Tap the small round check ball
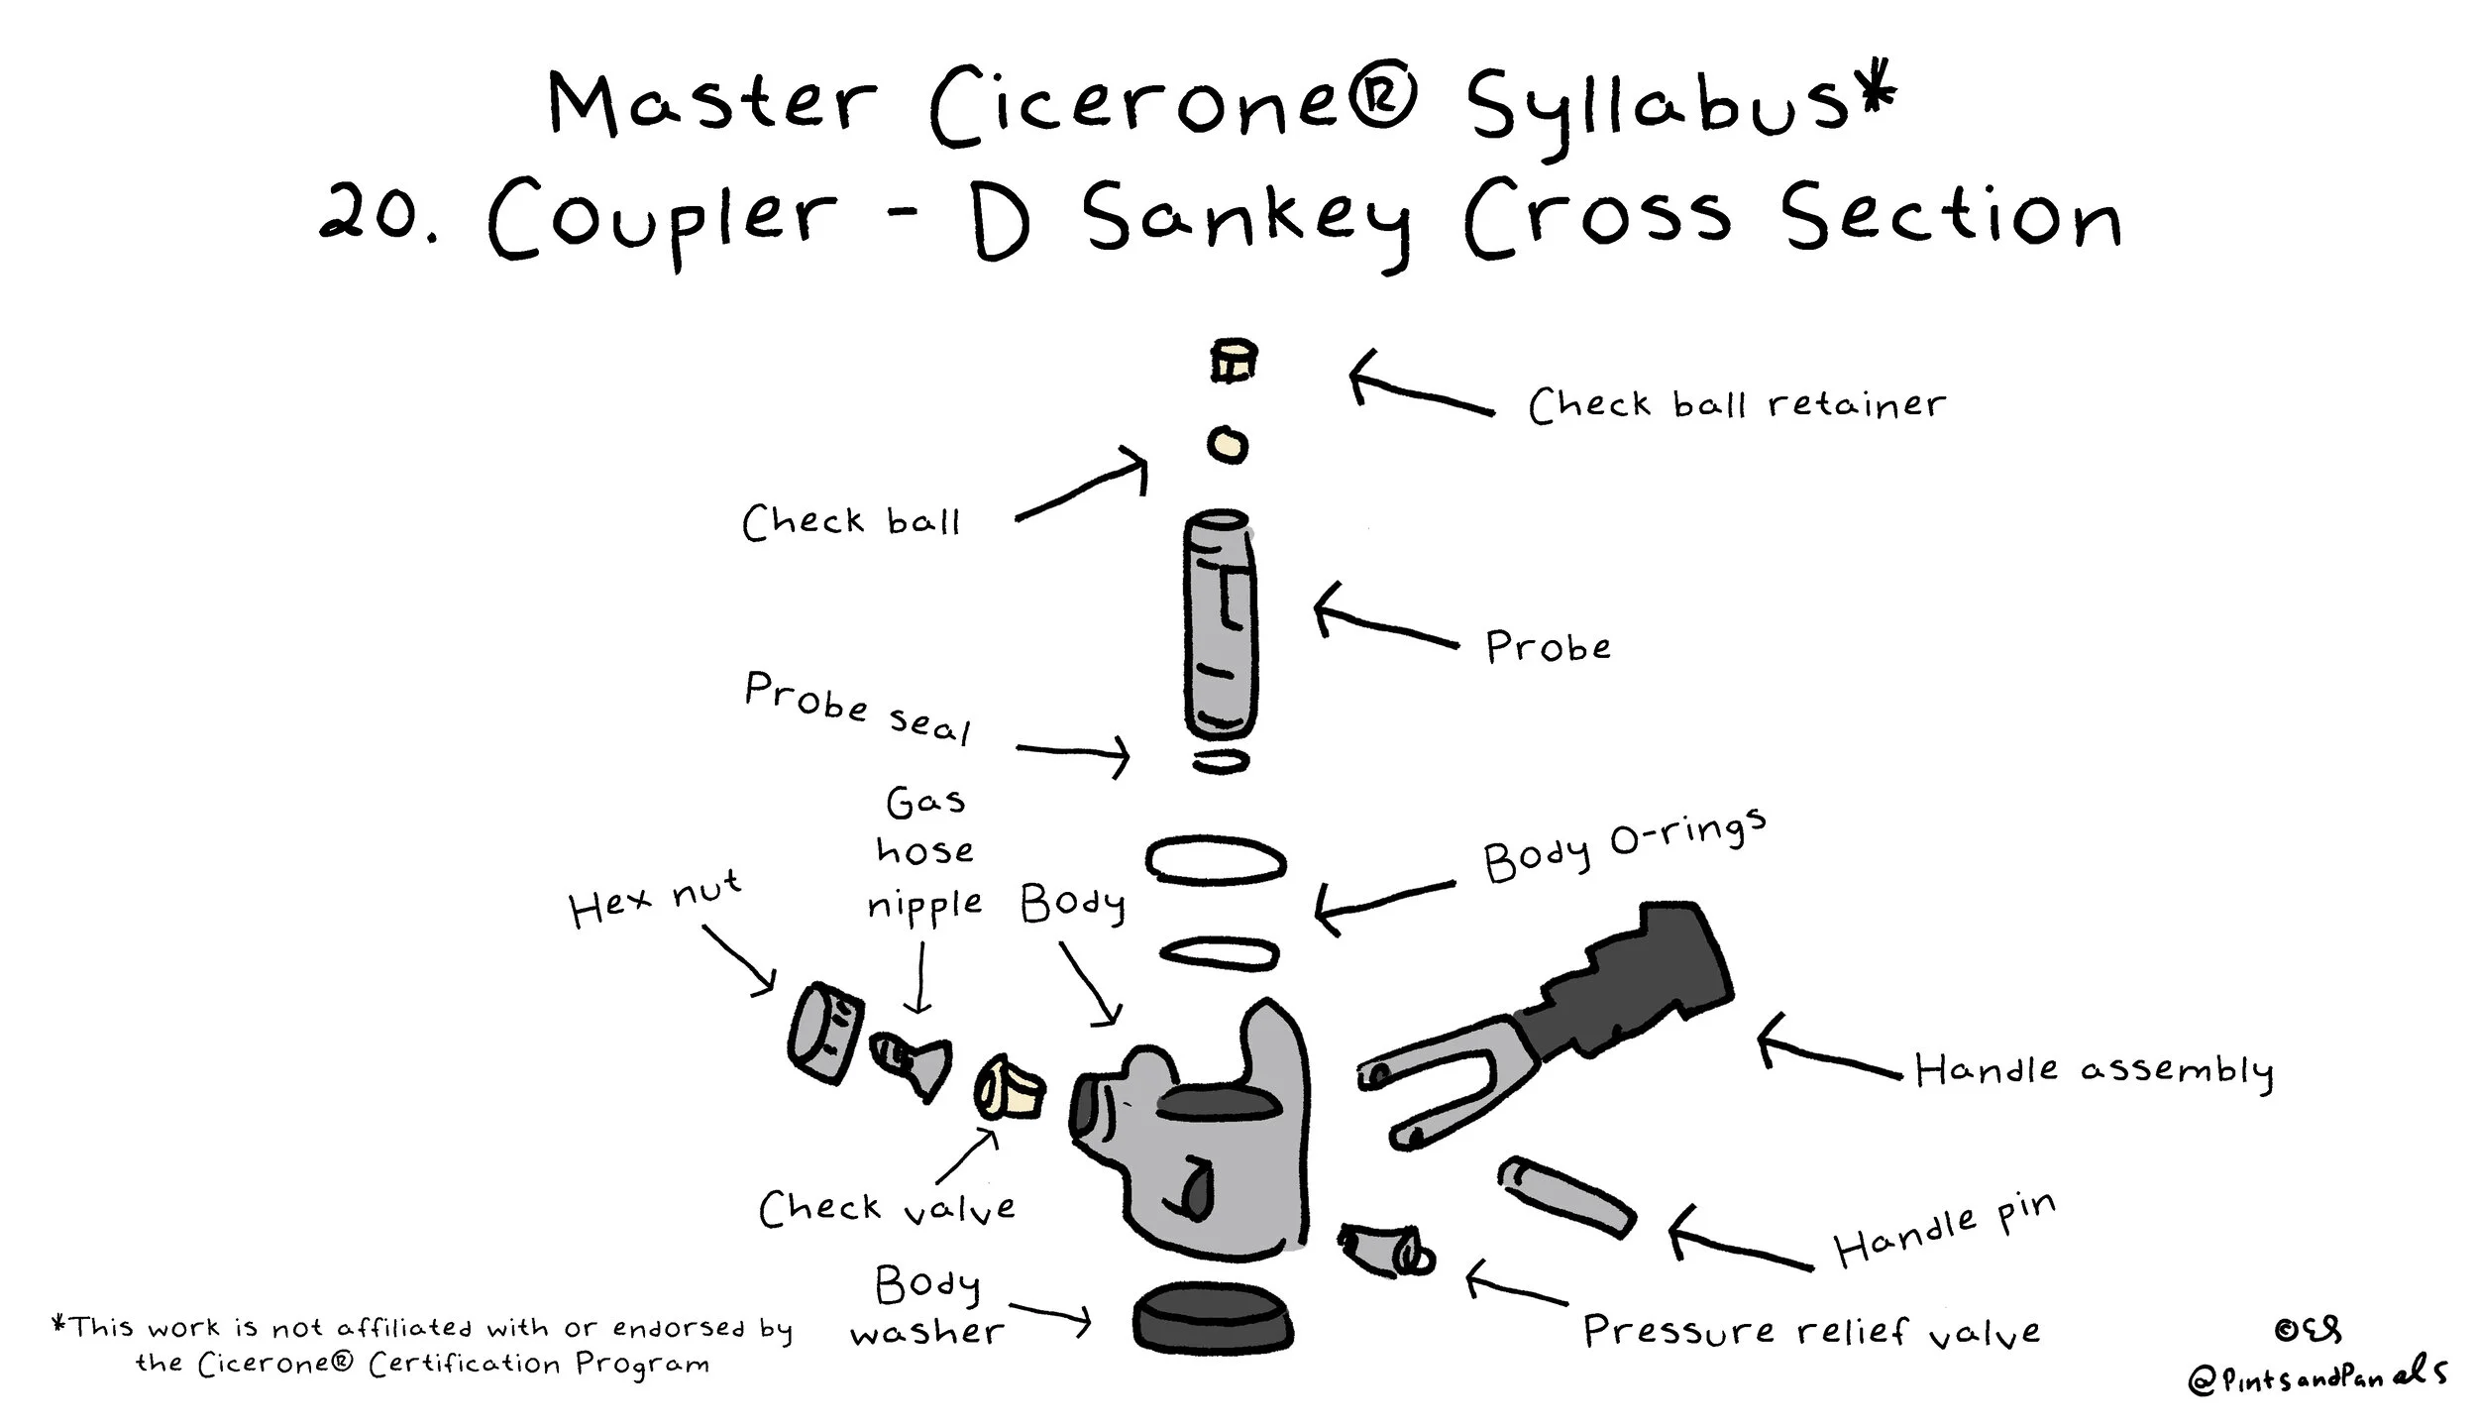coord(1227,444)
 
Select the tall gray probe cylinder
coord(1221,624)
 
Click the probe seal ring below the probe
coord(1220,761)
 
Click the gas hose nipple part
coord(911,1065)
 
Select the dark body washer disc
coord(1213,1319)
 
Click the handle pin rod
coord(1566,1196)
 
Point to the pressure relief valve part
coord(1385,1252)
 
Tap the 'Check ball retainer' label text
coord(1737,404)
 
